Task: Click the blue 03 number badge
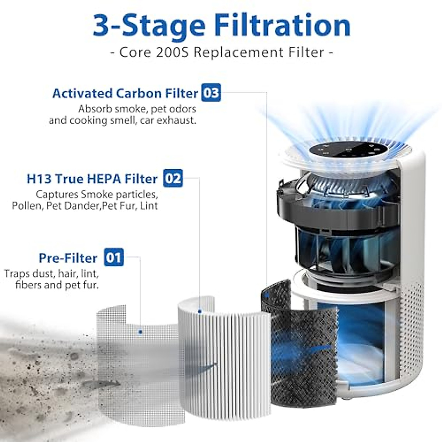[x=211, y=93]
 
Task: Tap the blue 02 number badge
[x=173, y=178]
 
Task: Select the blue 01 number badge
[x=114, y=257]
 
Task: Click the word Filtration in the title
[x=283, y=26]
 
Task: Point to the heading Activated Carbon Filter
[x=125, y=94]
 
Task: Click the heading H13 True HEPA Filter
[x=92, y=179]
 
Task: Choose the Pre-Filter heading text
[x=68, y=258]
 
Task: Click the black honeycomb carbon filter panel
[x=302, y=354]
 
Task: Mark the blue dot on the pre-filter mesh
[x=140, y=332]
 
